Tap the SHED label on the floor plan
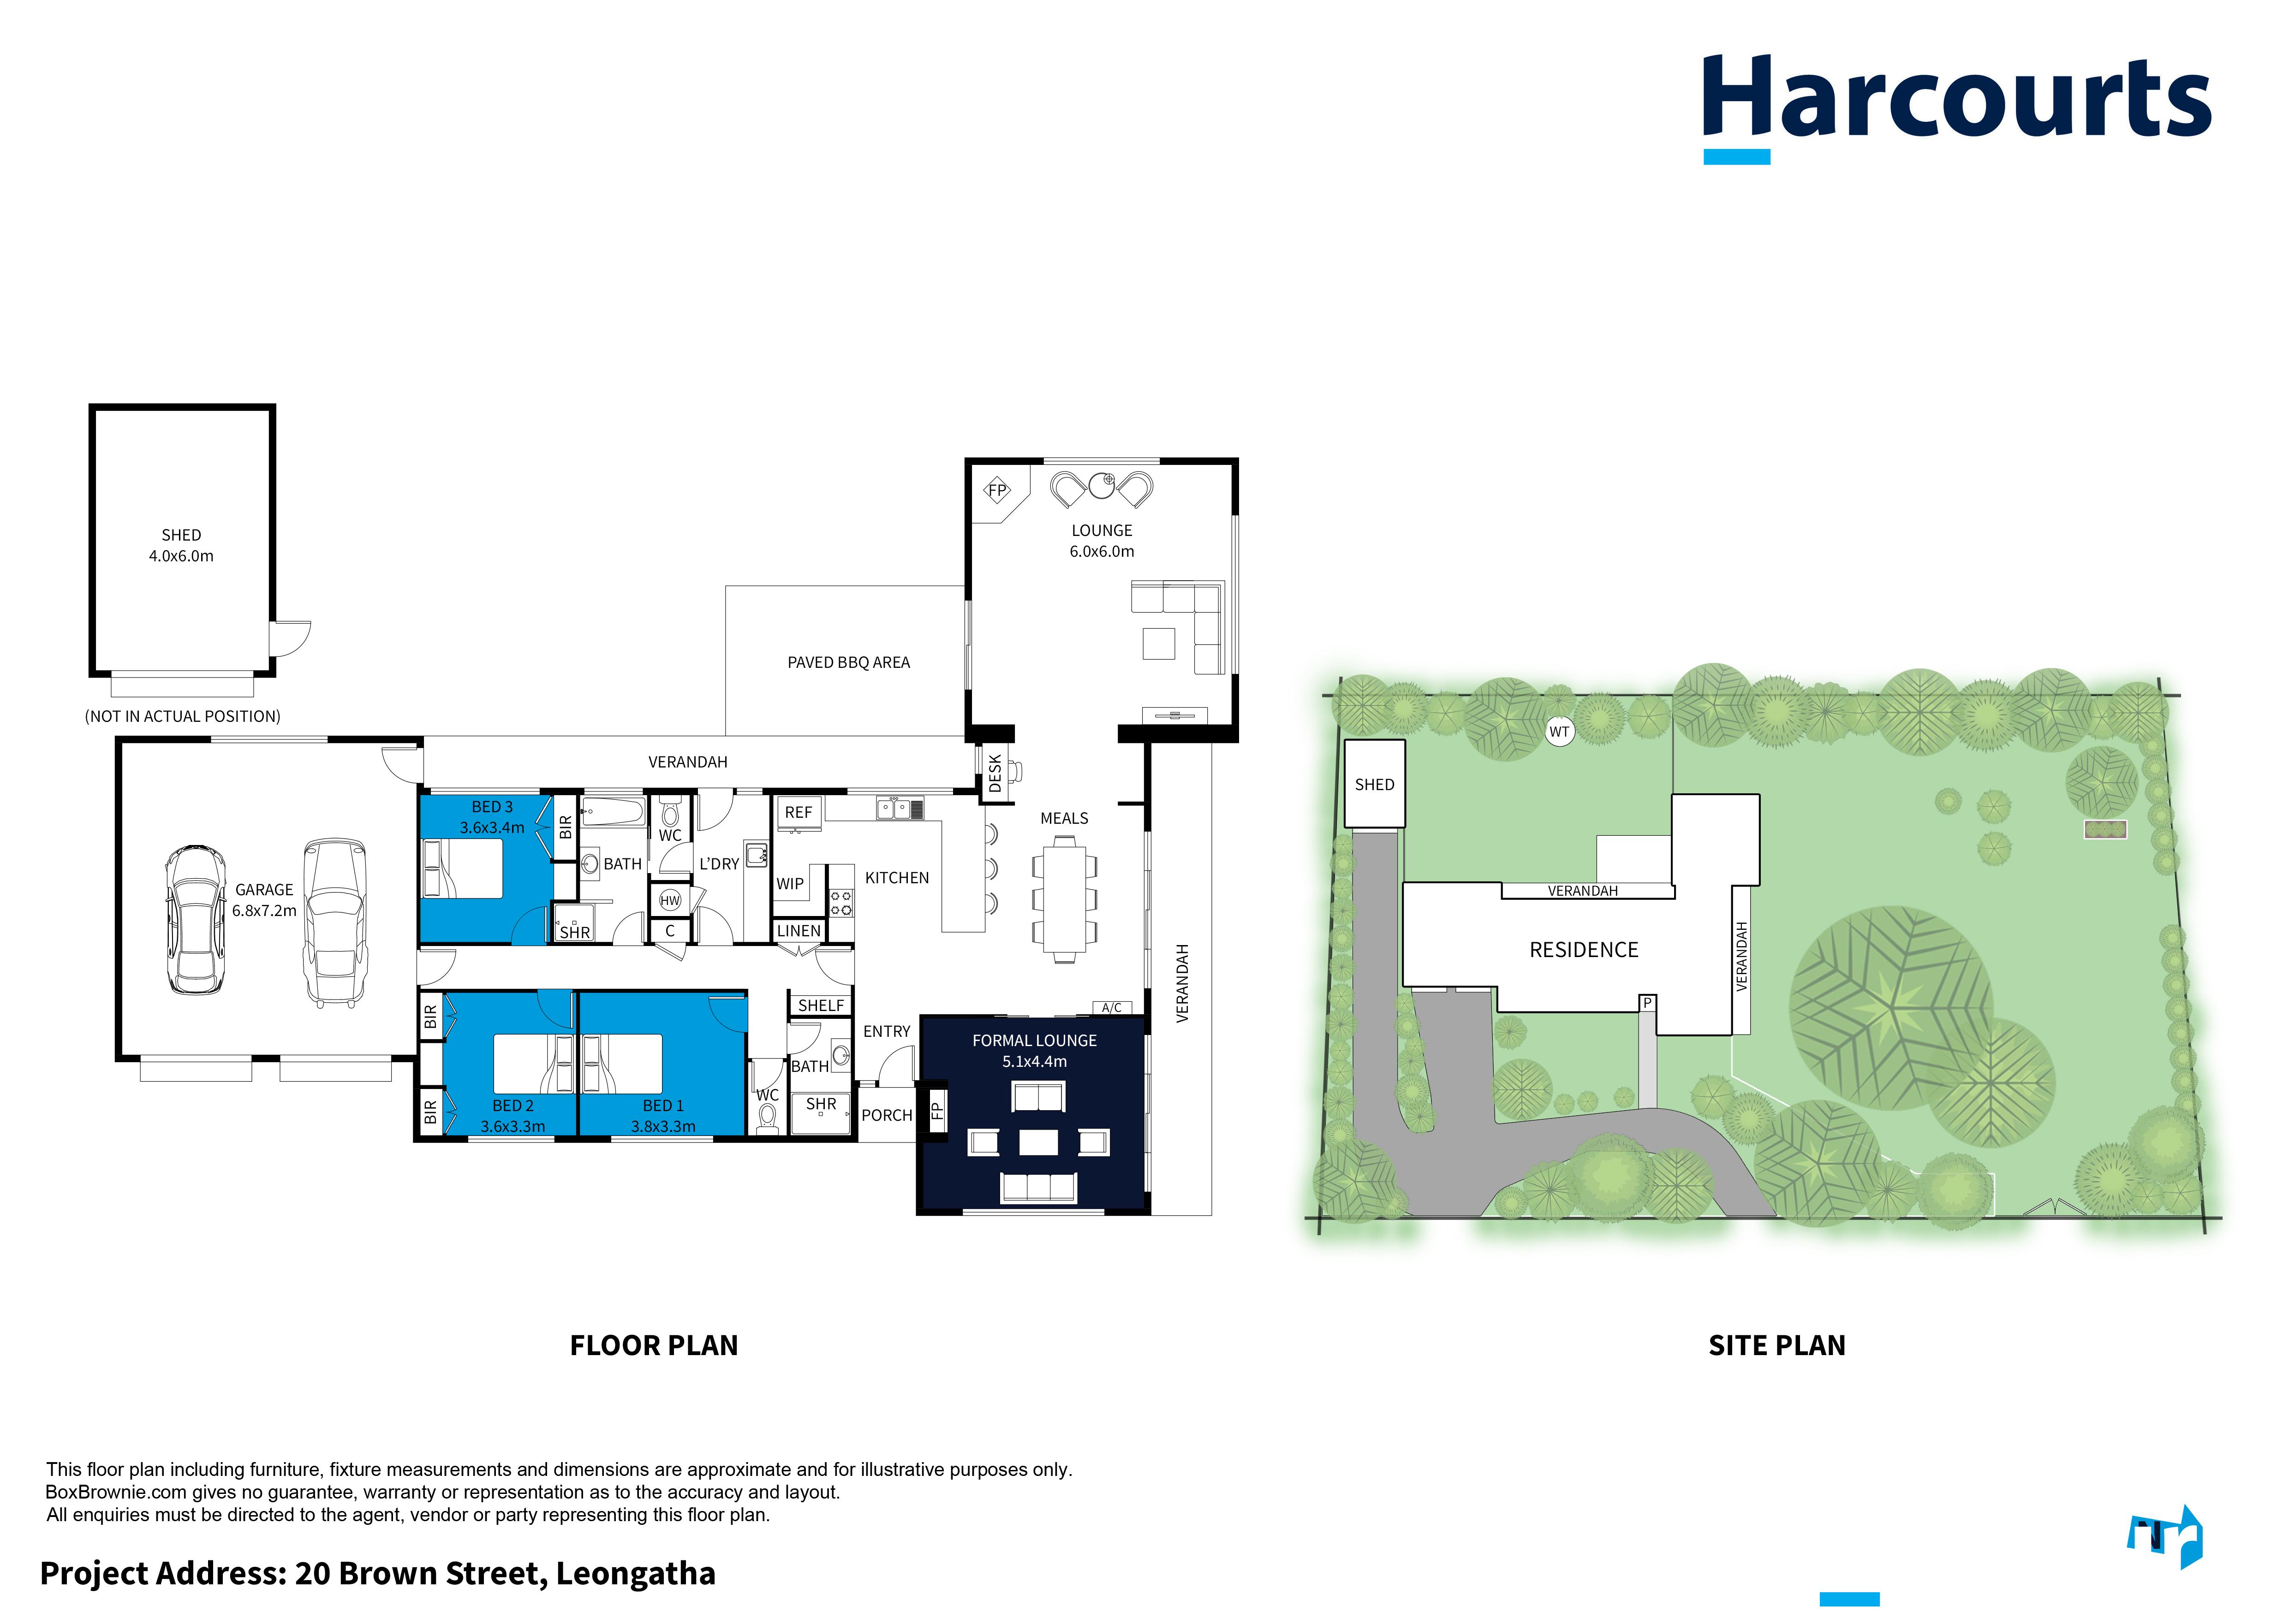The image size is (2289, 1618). point(181,535)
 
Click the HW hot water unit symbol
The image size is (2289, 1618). point(670,900)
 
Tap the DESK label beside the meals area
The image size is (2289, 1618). point(994,773)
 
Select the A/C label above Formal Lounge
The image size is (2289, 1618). point(1112,1008)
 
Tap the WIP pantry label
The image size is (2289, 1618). point(790,883)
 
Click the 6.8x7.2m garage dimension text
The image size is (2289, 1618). point(264,910)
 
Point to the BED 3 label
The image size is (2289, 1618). point(493,807)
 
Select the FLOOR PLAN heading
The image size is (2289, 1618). point(654,1346)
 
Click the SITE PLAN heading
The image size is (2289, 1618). point(1776,1346)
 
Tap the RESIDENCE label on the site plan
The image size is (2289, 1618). point(1583,950)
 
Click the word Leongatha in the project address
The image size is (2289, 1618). point(635,1573)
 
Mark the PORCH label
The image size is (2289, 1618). point(886,1116)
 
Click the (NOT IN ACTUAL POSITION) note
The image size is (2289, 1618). point(182,716)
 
